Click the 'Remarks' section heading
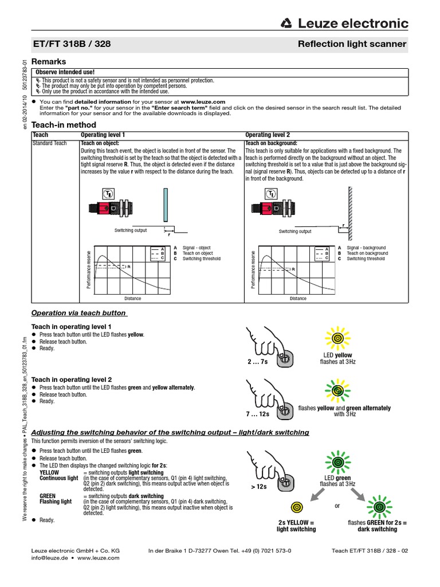(48, 61)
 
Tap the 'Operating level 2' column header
(267, 135)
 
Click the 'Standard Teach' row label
(49, 143)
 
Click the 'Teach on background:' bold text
(271, 143)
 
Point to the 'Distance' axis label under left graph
(132, 299)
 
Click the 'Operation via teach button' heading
(78, 313)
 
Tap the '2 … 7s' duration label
(258, 362)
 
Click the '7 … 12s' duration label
(258, 413)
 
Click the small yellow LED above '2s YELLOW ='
(296, 507)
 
